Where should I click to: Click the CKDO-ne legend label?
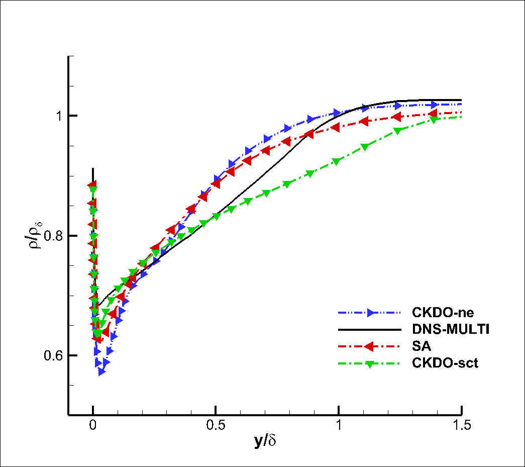(x=443, y=312)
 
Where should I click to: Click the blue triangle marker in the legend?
(x=371, y=313)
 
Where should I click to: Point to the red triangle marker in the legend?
(x=370, y=346)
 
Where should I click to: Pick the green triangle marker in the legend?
(x=370, y=364)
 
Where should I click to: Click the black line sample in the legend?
(x=370, y=330)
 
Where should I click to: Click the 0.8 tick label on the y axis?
(x=52, y=236)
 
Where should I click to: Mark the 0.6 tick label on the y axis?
(x=52, y=355)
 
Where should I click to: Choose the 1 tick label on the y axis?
(x=58, y=116)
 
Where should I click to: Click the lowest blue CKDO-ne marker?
(x=101, y=371)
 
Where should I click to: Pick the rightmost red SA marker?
(x=433, y=113)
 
